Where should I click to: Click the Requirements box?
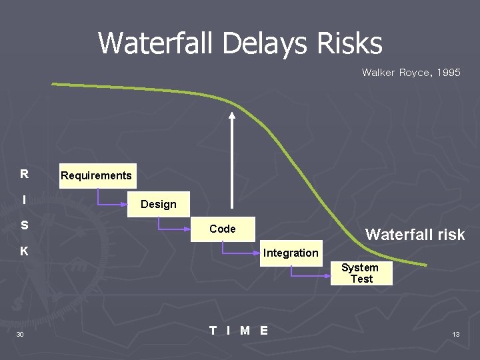tap(97, 176)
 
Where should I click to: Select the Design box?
tap(159, 204)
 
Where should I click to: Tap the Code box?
tap(222, 229)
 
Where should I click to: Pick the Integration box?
tap(291, 253)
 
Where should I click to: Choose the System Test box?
tap(361, 273)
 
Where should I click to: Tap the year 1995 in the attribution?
tap(447, 72)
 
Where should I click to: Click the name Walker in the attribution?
tap(378, 72)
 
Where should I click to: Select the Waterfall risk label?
tap(415, 235)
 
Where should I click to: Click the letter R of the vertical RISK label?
tap(24, 175)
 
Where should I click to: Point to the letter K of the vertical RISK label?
tap(24, 251)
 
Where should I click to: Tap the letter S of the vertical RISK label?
tap(24, 225)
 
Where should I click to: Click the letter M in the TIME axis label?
tap(245, 330)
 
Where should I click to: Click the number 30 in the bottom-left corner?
tap(20, 334)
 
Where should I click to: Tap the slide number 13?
tap(456, 334)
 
